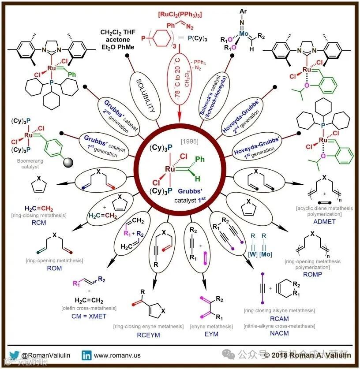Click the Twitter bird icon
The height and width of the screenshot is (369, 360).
(14, 354)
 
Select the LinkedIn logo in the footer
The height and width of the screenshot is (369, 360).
(87, 354)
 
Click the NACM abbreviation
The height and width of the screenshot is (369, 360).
(279, 333)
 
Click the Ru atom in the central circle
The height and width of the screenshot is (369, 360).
(171, 169)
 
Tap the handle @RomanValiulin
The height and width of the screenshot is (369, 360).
(47, 355)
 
